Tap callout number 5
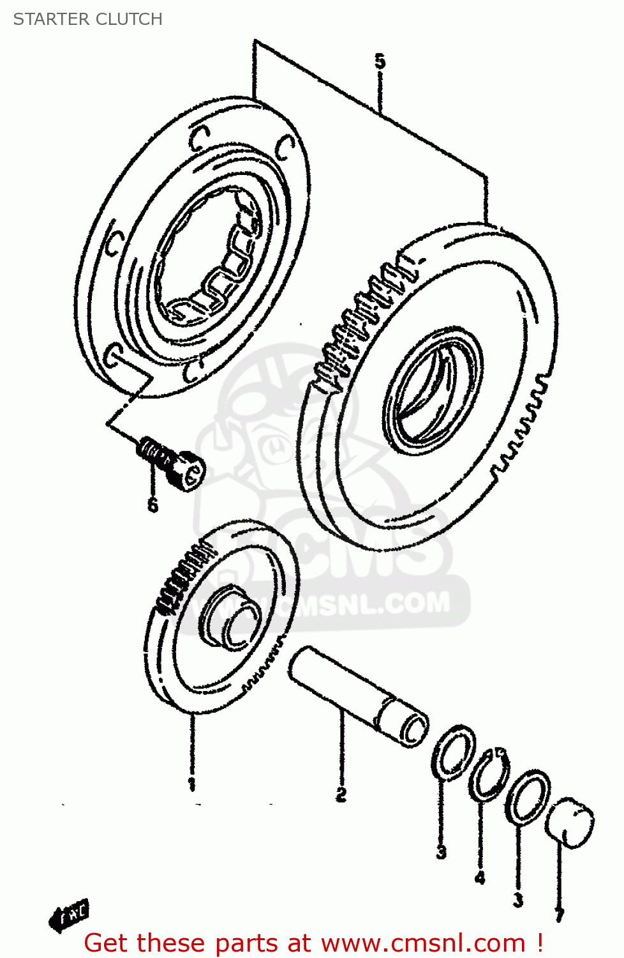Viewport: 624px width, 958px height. pos(380,61)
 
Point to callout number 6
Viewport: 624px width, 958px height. pos(152,505)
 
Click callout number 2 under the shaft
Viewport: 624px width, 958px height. pos(341,794)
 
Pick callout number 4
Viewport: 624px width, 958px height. pos(480,878)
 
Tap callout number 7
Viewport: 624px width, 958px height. pos(559,915)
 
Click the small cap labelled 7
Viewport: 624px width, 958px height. pos(570,823)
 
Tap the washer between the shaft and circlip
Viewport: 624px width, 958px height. pos(454,752)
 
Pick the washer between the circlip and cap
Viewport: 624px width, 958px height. pos(528,797)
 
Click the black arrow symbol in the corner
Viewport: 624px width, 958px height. pos(68,916)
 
